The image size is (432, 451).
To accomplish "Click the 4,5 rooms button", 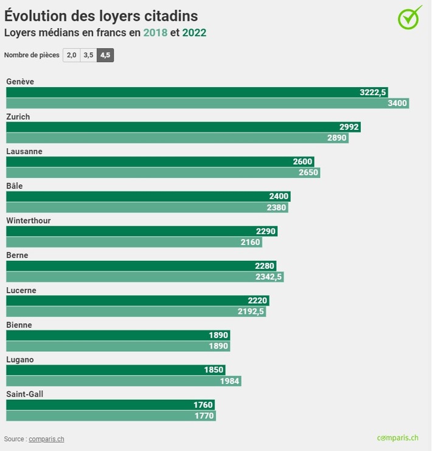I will coord(105,55).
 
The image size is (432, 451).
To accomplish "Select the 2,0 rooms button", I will coord(71,55).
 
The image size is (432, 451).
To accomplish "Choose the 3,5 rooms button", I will coord(88,55).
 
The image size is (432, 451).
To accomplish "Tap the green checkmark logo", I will coord(409,17).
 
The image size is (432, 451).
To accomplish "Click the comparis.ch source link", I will coord(46,439).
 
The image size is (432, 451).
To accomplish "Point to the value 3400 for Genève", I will coord(397,104).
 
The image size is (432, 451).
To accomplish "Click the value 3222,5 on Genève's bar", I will coord(373,93).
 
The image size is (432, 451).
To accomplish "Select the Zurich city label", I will coord(18,116).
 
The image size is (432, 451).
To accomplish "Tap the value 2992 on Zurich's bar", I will coord(349,127).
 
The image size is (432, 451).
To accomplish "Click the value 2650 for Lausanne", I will coord(308,173).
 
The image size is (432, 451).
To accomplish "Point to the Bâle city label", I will coord(14,186).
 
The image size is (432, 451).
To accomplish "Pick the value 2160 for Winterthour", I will coord(250,243).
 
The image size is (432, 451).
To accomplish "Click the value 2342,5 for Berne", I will coord(269,277).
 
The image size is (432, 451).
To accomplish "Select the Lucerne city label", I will coord(21,291).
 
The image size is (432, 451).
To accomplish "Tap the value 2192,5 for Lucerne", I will coord(251,312).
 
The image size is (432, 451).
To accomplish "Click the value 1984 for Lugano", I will coord(231,382).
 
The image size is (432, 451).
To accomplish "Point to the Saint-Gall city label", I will coord(24,394).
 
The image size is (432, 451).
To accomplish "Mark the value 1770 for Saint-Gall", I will coord(204,416).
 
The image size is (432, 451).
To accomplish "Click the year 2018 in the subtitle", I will coord(155,33).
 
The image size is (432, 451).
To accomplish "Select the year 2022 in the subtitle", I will coord(194,33).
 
